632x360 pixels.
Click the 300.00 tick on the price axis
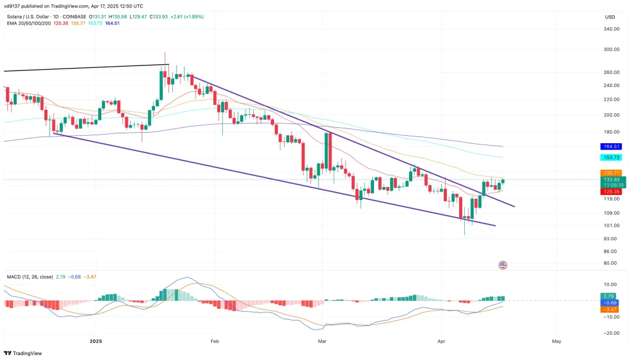pyautogui.click(x=612, y=49)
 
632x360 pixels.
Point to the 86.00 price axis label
pyautogui.click(x=610, y=251)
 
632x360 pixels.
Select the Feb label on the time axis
pyautogui.click(x=215, y=341)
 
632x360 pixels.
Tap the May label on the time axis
pyautogui.click(x=556, y=341)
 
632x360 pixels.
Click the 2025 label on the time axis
pyautogui.click(x=95, y=341)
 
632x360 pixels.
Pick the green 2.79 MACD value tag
pyautogui.click(x=610, y=296)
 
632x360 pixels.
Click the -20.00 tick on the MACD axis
pyautogui.click(x=612, y=333)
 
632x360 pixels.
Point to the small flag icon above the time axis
pyautogui.click(x=502, y=265)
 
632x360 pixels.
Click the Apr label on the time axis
pyautogui.click(x=441, y=341)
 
